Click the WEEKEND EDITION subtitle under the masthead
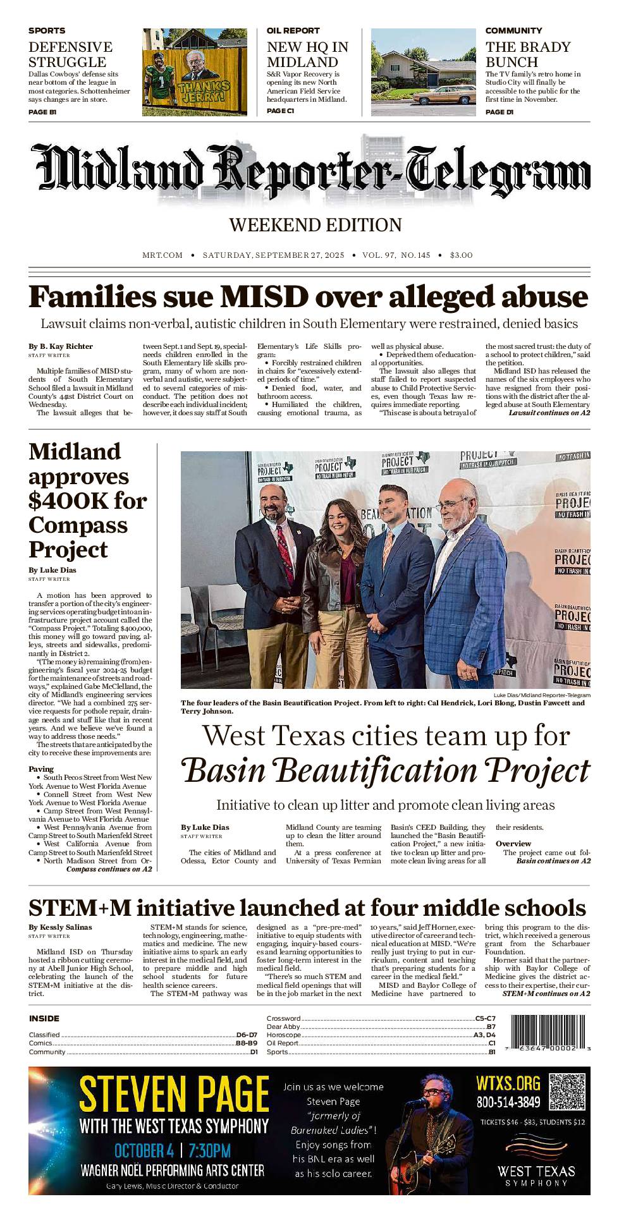point(315,225)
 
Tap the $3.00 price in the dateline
point(461,255)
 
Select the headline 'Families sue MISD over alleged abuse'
point(309,296)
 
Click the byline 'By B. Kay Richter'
point(61,346)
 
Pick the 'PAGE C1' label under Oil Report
point(280,111)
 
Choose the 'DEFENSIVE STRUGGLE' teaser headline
point(70,54)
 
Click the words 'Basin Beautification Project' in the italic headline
point(386,771)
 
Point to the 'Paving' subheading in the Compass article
point(41,769)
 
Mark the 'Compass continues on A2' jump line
point(109,869)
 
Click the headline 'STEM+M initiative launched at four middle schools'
point(307,908)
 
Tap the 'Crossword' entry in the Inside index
point(283,1018)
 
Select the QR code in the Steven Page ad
point(567,1092)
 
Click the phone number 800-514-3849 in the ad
point(508,1102)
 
